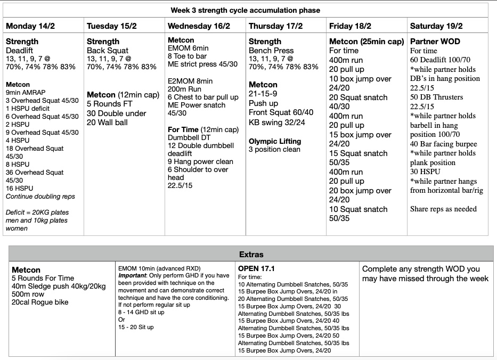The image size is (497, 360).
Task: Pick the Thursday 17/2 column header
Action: point(275,26)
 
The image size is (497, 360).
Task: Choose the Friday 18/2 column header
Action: point(351,26)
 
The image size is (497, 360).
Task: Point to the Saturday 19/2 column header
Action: point(436,26)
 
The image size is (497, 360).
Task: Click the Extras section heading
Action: point(251,255)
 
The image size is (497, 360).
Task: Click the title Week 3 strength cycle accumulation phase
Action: point(246,10)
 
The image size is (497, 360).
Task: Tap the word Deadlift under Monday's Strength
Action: point(21,51)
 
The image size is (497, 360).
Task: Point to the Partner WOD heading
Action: point(435,42)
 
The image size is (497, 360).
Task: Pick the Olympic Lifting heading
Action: point(275,141)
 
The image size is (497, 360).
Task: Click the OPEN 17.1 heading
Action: point(257,269)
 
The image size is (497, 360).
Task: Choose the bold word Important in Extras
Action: point(133,275)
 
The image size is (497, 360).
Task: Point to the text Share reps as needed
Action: point(443,209)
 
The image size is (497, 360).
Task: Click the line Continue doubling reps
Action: point(40,197)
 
